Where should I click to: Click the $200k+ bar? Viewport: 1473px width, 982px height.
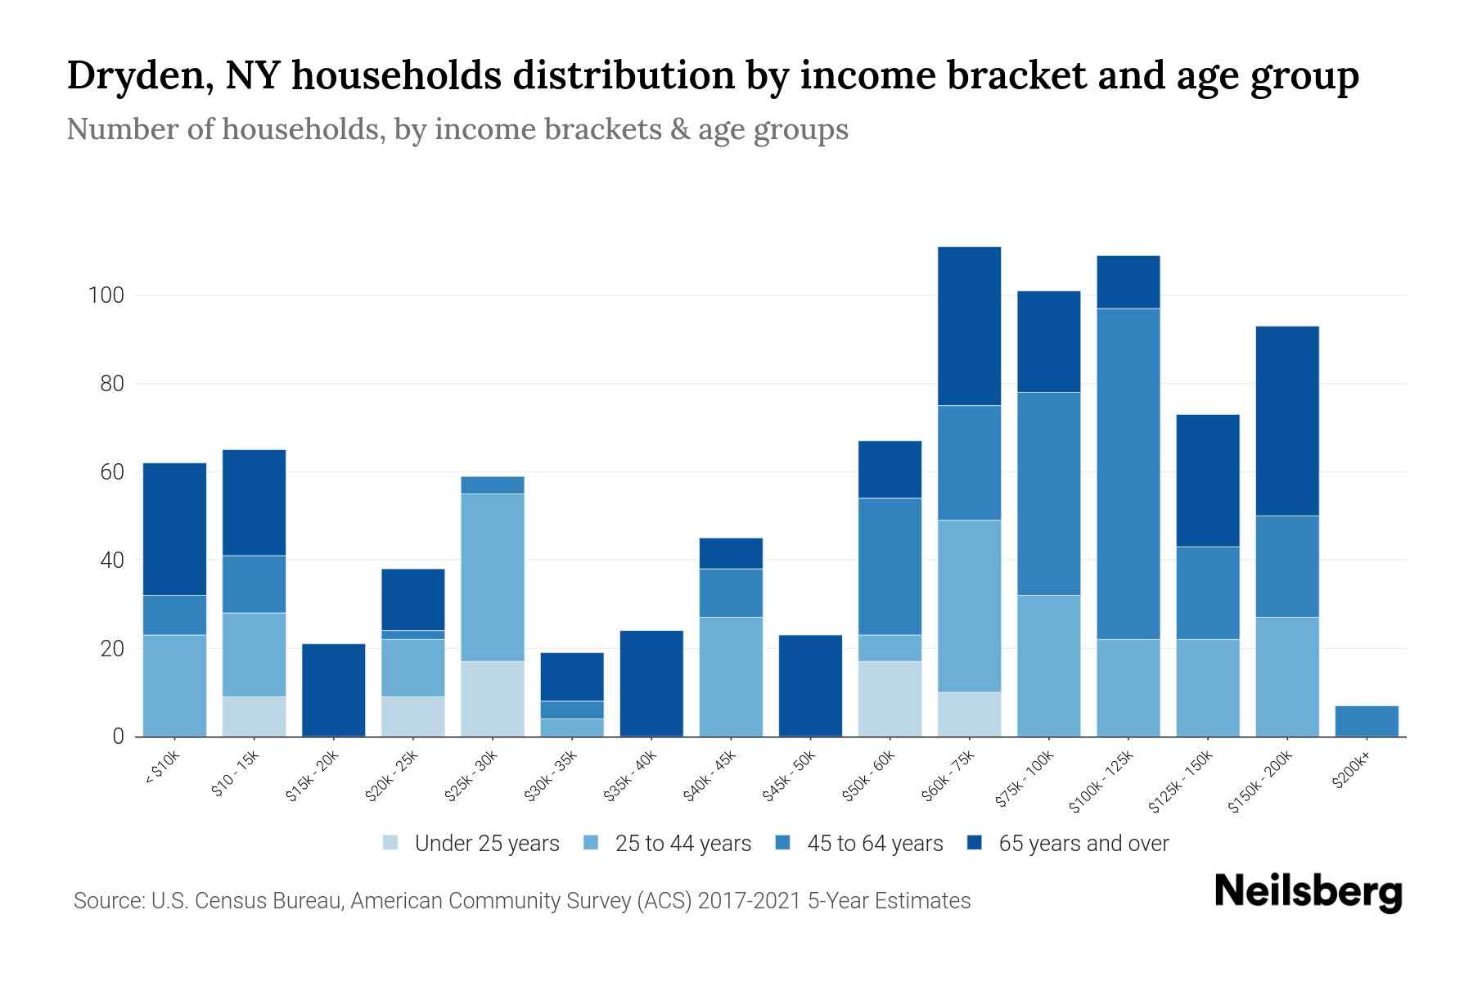click(1366, 721)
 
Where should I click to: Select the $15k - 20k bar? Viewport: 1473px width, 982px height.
click(333, 690)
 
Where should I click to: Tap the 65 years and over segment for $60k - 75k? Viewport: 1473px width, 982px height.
click(969, 326)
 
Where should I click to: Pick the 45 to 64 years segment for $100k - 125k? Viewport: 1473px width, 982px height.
click(1128, 473)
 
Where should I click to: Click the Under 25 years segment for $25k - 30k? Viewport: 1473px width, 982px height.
click(492, 699)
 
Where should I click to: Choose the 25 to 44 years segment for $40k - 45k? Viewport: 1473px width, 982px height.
click(731, 677)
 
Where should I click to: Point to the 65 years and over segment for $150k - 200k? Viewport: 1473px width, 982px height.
click(1286, 421)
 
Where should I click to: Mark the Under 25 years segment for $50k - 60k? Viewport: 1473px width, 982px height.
click(890, 699)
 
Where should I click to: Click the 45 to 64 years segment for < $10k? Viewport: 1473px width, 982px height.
click(174, 615)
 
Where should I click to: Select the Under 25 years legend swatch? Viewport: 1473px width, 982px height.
click(390, 843)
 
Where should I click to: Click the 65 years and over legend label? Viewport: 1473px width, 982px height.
click(1083, 844)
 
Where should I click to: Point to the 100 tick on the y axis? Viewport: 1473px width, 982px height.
click(106, 295)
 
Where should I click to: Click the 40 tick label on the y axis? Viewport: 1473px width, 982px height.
click(112, 561)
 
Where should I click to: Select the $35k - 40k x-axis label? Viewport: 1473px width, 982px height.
click(630, 777)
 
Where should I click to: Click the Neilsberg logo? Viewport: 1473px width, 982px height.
click(1308, 891)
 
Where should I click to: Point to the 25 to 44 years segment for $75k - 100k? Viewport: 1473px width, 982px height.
click(1048, 665)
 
